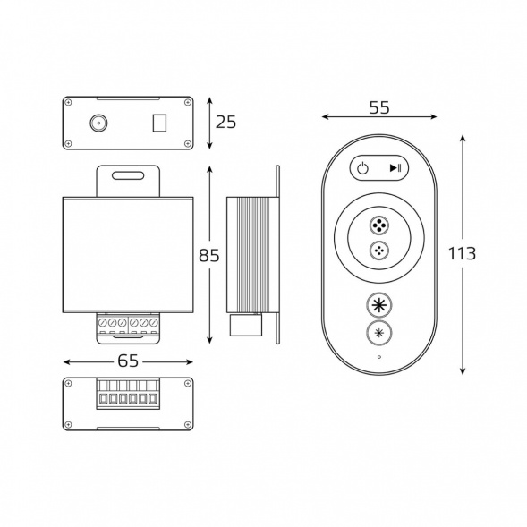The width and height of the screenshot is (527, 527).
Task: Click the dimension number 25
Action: pos(225,122)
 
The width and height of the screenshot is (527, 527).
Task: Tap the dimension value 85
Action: pos(208,255)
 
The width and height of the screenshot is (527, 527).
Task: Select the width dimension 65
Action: pos(128,361)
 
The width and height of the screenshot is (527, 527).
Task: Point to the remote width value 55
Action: pos(379,107)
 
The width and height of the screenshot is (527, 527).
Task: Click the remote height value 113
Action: pos(463,254)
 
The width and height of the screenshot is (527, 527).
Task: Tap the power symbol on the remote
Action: pos(362,167)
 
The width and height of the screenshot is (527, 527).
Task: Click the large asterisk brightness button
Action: pos(379,305)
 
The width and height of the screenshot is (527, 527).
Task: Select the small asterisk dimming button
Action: pos(379,333)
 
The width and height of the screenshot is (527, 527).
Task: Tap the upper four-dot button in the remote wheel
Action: pos(379,225)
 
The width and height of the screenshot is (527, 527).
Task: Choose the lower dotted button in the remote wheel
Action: pos(379,251)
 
